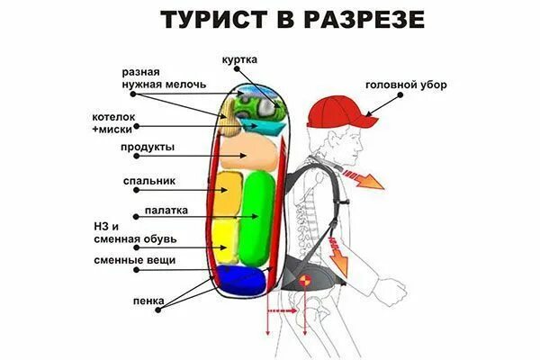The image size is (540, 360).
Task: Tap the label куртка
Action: (239, 59)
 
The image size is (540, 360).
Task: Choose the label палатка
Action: (165, 212)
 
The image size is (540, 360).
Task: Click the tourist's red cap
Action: (337, 111)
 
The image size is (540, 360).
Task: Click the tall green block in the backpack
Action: (258, 216)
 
